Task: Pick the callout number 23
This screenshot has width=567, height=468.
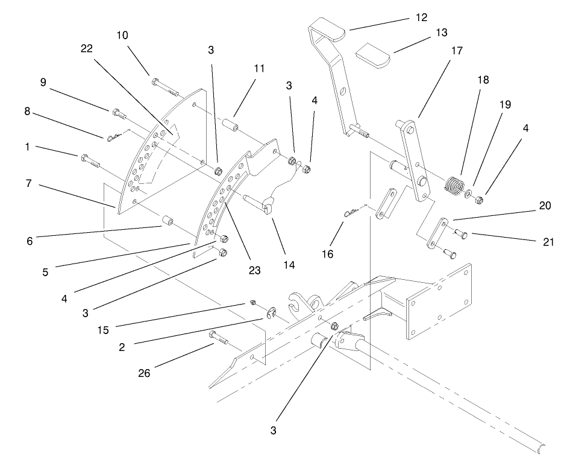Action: click(x=254, y=270)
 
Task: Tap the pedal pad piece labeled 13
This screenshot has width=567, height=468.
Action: click(x=373, y=55)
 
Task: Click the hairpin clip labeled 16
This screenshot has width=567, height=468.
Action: click(x=351, y=211)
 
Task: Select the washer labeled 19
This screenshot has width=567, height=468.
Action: click(x=468, y=194)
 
